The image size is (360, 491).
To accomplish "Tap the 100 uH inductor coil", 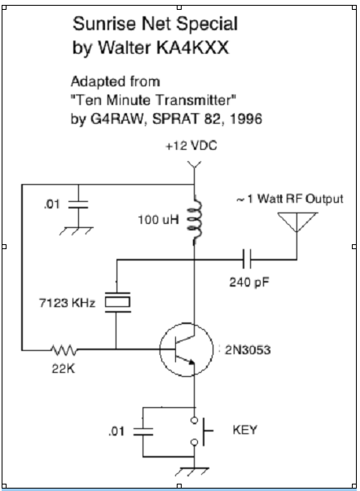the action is [x=195, y=220].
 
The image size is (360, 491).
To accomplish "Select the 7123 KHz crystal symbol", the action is [x=117, y=302].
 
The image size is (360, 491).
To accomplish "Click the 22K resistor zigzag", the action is [x=64, y=350].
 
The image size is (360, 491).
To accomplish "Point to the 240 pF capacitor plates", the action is [x=247, y=259].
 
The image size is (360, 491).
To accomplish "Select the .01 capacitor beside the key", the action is [x=143, y=432].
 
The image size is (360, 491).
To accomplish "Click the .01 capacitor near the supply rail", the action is [x=78, y=204].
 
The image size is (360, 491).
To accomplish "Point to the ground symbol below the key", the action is [x=192, y=471].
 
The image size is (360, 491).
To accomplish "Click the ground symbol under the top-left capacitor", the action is [x=77, y=230].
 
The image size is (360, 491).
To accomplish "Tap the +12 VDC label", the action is [x=191, y=146].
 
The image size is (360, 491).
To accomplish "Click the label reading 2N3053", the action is [x=248, y=350].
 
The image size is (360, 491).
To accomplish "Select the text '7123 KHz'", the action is [x=67, y=303].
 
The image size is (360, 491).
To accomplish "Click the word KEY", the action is [x=244, y=430].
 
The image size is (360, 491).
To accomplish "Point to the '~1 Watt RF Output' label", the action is [x=290, y=199].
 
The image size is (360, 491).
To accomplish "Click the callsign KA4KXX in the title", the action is [x=192, y=47].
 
